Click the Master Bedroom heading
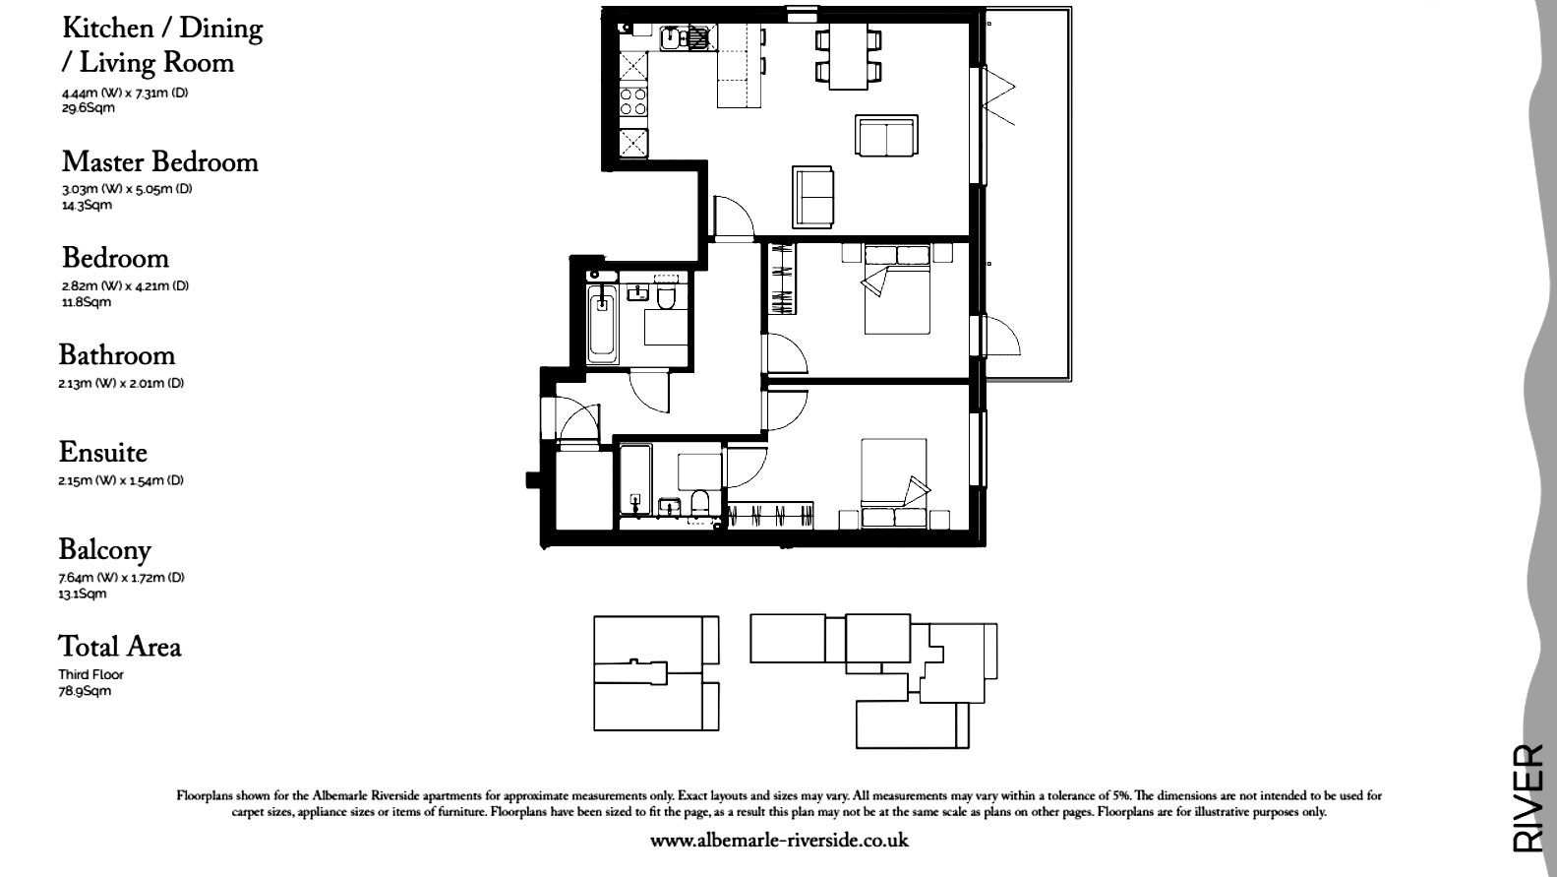coord(159,162)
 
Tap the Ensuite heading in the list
coord(102,453)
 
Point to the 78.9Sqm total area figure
coord(84,691)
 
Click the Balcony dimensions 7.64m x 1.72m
coord(121,578)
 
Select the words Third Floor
coord(90,675)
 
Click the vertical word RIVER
coord(1527,797)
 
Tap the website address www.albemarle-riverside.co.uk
coord(779,841)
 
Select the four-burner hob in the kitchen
coord(633,100)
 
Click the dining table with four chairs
coord(847,56)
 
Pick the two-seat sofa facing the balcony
coord(886,136)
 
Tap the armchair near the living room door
coord(814,196)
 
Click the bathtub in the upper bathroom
coord(601,324)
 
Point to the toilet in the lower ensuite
coord(700,502)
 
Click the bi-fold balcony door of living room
coord(998,98)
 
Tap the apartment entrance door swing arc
coord(576,418)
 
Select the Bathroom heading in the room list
coord(116,355)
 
